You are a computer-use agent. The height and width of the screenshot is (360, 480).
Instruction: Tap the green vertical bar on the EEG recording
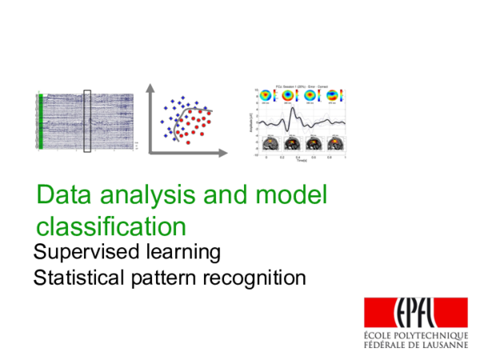[39, 121]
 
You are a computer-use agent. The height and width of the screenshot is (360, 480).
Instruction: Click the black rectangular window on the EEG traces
[88, 120]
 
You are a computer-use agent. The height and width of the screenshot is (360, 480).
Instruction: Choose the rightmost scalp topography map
[332, 96]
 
